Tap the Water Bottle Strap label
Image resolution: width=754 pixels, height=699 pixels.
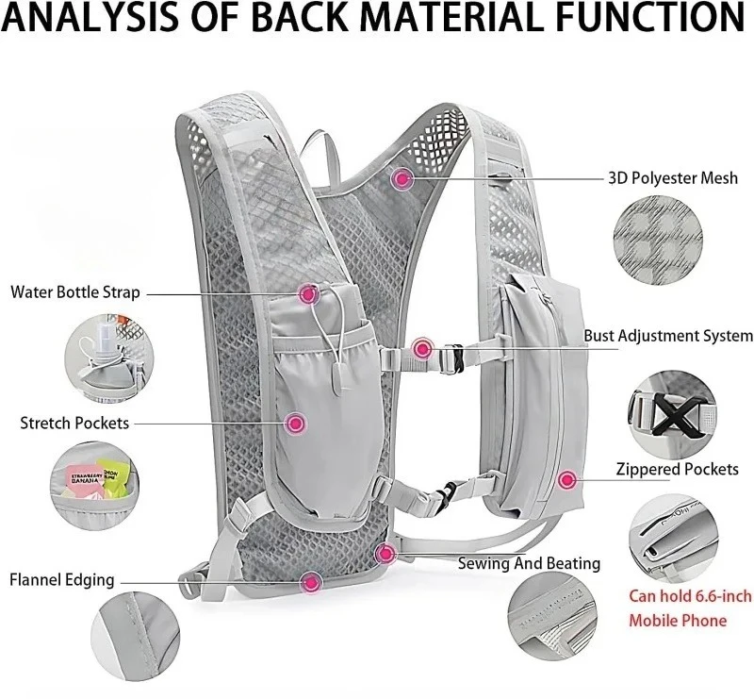(75, 291)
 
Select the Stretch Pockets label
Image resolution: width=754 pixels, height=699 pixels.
(74, 423)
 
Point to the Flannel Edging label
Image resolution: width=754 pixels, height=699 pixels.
(62, 579)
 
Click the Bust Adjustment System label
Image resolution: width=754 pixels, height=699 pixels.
(667, 335)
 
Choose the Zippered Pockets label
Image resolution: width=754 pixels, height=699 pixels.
(677, 469)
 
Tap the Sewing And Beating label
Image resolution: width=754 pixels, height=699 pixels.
(529, 563)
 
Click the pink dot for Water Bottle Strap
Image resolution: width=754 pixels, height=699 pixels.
(308, 294)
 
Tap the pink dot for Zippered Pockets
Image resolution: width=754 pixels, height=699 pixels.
(566, 480)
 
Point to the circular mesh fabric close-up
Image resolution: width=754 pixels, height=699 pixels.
(659, 241)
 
